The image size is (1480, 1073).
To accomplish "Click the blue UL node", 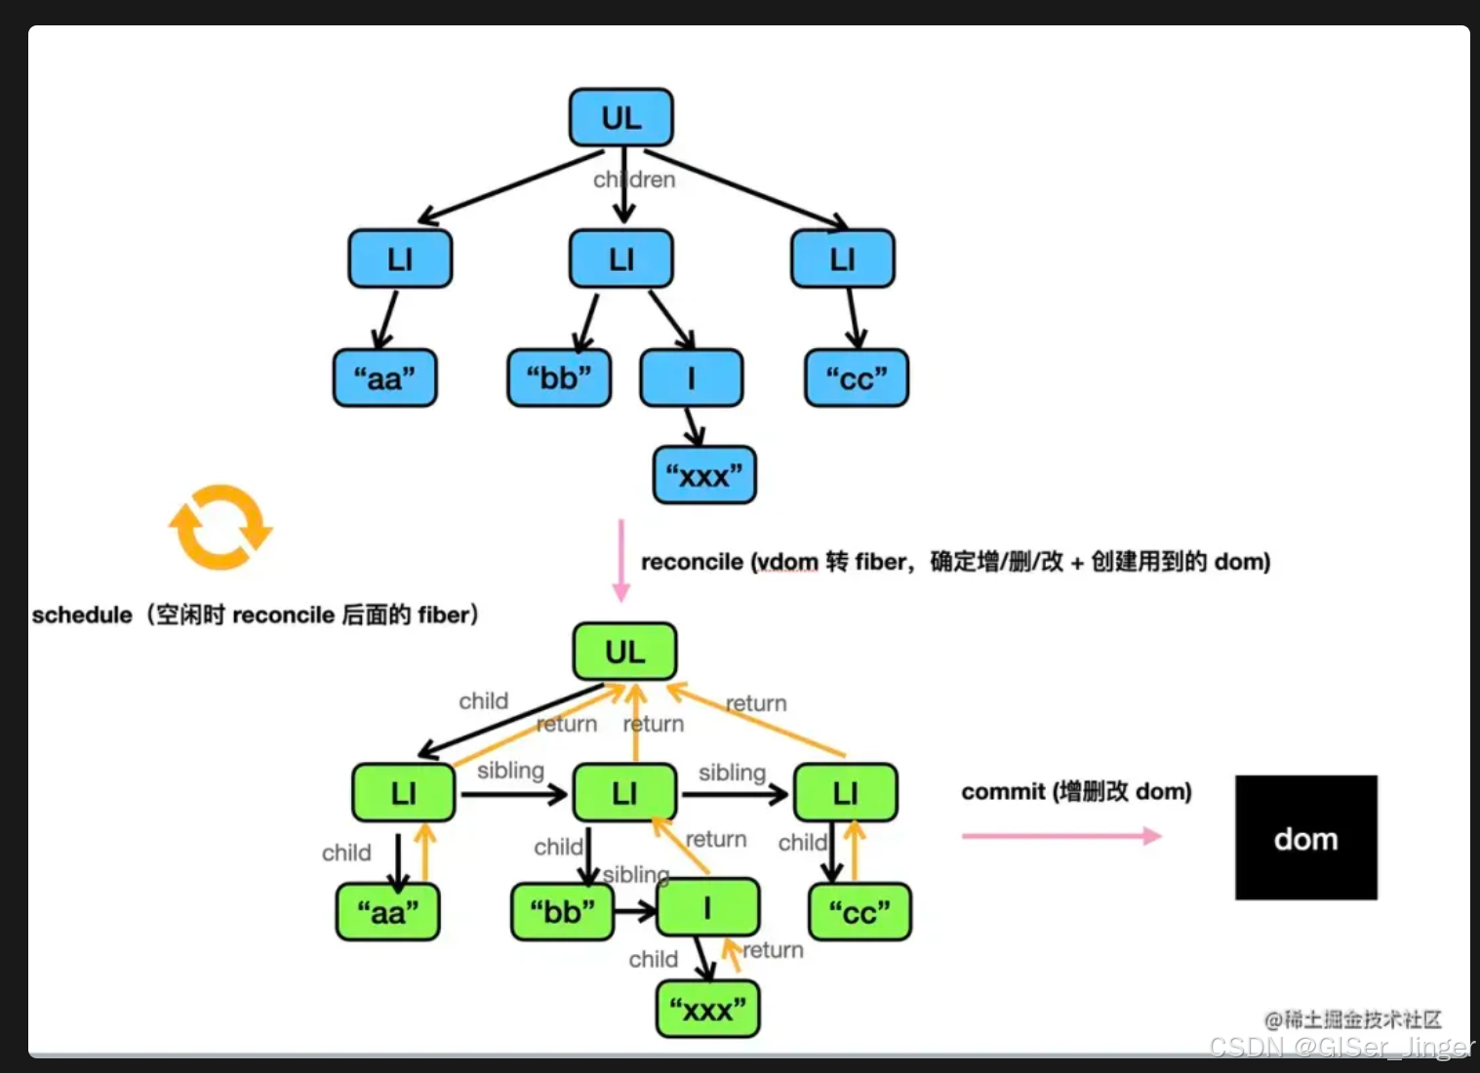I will tap(620, 118).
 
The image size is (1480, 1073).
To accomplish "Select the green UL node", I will tap(624, 652).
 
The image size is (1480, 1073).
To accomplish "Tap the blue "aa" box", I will tap(384, 378).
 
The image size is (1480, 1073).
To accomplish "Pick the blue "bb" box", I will tap(559, 378).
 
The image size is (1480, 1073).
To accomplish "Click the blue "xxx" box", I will tap(703, 476).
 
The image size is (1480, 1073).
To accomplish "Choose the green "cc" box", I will tap(860, 913).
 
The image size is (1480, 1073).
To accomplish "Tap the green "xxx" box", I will tap(707, 1010).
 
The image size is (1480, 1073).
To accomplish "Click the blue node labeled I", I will tap(691, 378).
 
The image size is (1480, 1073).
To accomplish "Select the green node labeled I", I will tap(708, 908).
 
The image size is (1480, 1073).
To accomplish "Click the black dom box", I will tap(1305, 838).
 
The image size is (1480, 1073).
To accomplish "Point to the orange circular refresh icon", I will tap(220, 527).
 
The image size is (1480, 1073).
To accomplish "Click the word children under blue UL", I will tap(634, 179).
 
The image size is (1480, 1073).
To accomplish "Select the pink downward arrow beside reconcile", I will tap(620, 561).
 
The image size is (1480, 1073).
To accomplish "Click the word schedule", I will tap(82, 616).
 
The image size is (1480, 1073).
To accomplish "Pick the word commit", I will tap(1002, 791).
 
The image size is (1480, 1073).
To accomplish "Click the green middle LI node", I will tap(624, 793).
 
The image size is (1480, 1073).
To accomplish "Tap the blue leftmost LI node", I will tap(400, 259).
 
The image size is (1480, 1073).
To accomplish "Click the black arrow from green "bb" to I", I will tap(635, 912).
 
